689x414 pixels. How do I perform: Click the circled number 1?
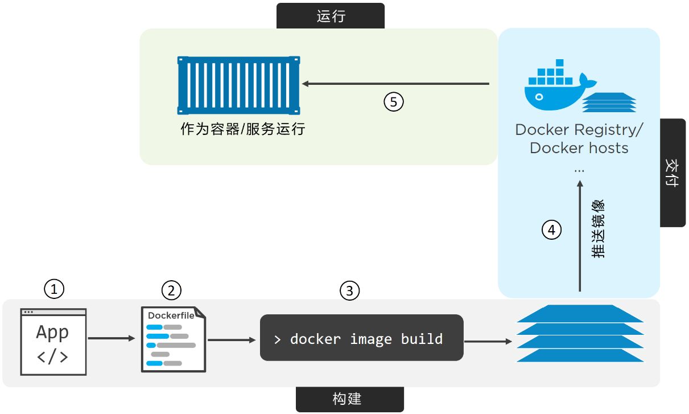(54, 289)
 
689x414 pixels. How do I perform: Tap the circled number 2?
(171, 290)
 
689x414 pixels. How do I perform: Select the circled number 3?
(350, 291)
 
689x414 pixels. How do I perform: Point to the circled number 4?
(551, 230)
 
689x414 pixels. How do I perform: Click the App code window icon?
(53, 342)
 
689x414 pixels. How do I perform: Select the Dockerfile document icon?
(173, 339)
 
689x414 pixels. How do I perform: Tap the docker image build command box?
(361, 338)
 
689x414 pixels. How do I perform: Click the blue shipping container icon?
(238, 85)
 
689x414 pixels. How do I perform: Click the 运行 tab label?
(331, 16)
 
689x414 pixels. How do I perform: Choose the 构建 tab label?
(349, 399)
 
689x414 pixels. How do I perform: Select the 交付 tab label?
(673, 173)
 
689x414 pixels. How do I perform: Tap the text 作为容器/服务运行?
(243, 129)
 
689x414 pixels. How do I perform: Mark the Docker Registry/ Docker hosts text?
(579, 139)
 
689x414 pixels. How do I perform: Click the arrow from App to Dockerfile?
(112, 338)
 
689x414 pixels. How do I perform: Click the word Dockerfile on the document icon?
(171, 315)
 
